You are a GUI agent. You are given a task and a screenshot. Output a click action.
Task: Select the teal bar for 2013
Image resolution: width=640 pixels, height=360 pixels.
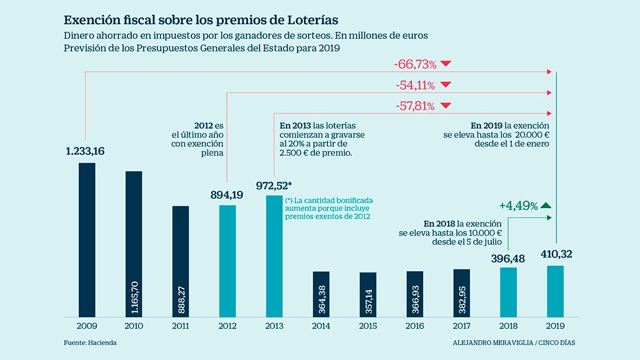(274, 256)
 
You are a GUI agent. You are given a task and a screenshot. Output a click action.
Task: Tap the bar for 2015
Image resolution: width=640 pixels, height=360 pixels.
(368, 294)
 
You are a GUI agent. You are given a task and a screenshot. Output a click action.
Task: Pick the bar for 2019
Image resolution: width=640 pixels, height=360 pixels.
(556, 291)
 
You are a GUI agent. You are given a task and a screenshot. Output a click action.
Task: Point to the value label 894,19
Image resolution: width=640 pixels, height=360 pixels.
(227, 195)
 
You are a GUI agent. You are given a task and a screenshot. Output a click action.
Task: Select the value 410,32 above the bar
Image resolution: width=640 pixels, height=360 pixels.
(555, 254)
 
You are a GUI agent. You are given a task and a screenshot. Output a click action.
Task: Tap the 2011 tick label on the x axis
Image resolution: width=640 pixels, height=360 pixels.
(181, 326)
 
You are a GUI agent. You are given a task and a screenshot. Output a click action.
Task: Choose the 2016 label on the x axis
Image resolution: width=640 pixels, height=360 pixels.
(415, 326)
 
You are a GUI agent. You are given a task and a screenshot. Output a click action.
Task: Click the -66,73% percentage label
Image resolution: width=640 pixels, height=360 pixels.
(415, 64)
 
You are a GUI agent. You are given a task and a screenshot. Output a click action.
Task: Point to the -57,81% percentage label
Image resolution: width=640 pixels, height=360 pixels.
(415, 106)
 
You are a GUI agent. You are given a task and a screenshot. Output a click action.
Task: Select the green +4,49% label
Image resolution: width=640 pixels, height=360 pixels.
(518, 206)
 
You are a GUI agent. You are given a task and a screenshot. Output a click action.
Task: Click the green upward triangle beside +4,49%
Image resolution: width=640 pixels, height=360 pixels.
(546, 205)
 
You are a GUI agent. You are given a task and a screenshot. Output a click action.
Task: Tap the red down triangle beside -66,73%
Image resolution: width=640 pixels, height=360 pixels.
(446, 64)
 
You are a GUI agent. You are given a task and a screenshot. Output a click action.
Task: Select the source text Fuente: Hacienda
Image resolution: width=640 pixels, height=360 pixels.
(90, 342)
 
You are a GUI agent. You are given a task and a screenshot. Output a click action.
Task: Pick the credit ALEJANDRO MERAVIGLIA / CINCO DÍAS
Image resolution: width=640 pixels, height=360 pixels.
(514, 343)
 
